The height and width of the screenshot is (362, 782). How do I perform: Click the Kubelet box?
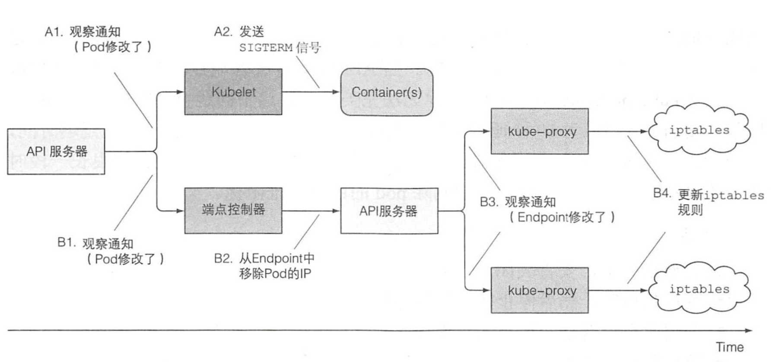(233, 92)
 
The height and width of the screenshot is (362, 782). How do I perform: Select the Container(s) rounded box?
(387, 92)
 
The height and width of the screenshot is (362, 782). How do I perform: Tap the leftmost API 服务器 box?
(56, 152)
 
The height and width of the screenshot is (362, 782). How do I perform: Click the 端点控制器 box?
(233, 210)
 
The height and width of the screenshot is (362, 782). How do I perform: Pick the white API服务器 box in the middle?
(389, 211)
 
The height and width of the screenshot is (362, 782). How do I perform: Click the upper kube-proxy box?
(539, 131)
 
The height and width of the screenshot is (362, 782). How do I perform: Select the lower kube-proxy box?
(539, 290)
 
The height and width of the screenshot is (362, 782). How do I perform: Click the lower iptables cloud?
(699, 289)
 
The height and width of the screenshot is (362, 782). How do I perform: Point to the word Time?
(730, 347)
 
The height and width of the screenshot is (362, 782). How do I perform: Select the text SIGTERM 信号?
(280, 48)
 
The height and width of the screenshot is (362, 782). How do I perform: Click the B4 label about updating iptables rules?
(709, 202)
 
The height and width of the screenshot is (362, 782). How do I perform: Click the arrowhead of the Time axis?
(748, 330)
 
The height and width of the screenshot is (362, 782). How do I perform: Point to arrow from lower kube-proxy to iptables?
(618, 290)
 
